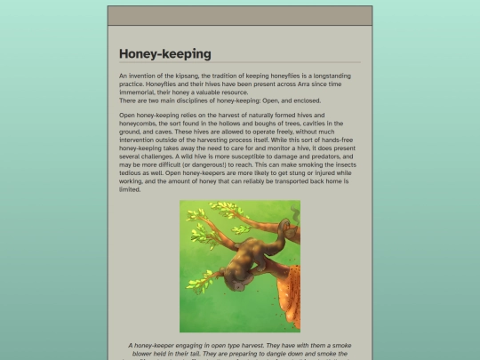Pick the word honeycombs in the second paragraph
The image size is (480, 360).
click(x=141, y=124)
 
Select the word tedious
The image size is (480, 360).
click(x=133, y=172)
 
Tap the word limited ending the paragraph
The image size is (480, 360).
click(x=131, y=188)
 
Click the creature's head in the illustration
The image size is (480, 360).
click(x=238, y=284)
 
